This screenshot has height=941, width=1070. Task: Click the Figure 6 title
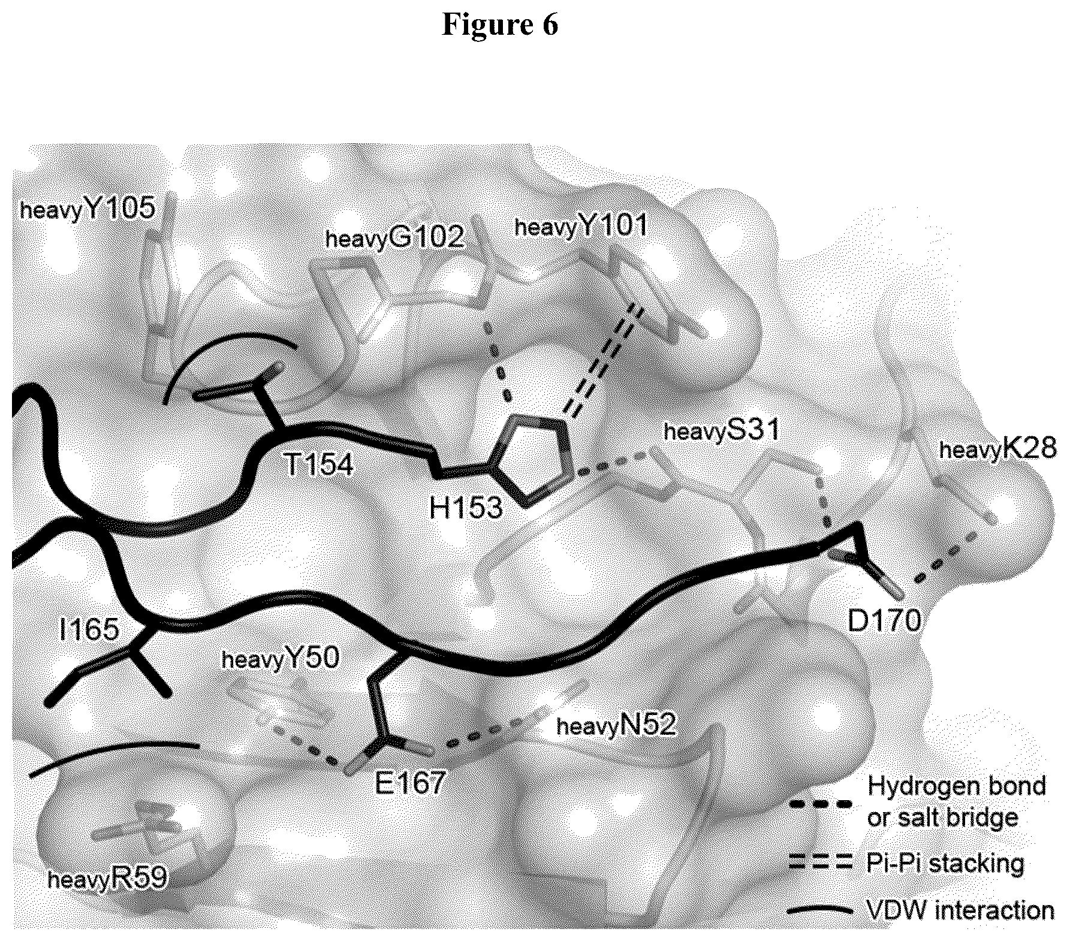[x=500, y=25]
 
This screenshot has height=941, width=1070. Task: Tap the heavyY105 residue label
[x=88, y=209]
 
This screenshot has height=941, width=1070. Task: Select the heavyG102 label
[x=394, y=238]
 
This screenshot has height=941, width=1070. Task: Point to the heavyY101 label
[x=581, y=226]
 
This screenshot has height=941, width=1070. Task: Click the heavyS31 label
[x=722, y=430]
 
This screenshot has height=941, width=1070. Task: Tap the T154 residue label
[x=318, y=463]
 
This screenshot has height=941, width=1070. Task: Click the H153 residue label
[x=466, y=508]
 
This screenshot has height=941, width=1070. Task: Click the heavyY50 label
[x=281, y=659]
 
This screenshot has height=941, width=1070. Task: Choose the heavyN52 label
[x=616, y=726]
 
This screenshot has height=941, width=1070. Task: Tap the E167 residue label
[x=410, y=782]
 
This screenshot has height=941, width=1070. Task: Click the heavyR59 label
[x=107, y=879]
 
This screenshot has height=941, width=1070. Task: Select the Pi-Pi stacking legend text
[x=945, y=864]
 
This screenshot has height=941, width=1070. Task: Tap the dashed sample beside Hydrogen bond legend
[x=819, y=804]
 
